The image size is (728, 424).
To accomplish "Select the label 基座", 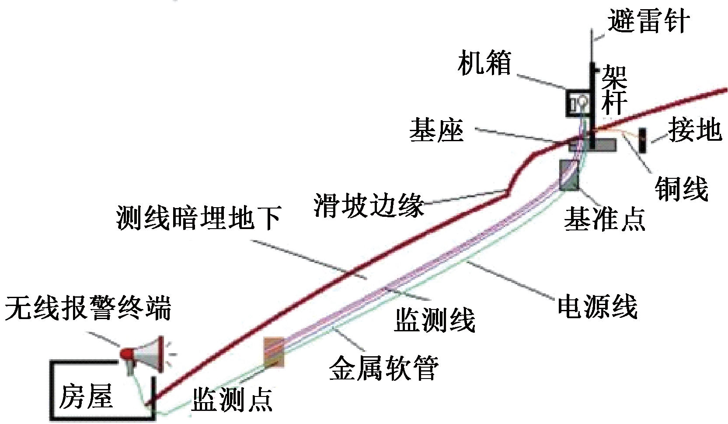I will click(x=436, y=130).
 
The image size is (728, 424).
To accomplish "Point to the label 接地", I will click(x=694, y=130).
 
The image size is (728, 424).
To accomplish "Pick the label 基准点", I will click(x=604, y=218).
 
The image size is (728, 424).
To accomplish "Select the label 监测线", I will click(x=435, y=320).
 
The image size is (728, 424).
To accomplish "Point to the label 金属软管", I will click(x=383, y=368).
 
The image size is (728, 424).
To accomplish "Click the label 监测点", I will click(x=232, y=399).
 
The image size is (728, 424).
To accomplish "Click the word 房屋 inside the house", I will click(x=86, y=396).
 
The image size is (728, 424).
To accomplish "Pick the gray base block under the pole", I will click(x=592, y=145).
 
